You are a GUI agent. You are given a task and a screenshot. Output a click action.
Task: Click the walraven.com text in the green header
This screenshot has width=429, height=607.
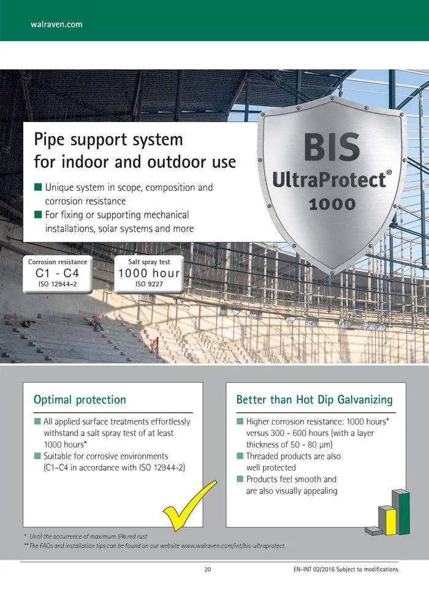point(56,24)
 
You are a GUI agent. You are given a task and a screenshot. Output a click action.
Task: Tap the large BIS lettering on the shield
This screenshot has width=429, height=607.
point(332,147)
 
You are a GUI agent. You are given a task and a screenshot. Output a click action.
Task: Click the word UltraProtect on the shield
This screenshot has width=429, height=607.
point(329,180)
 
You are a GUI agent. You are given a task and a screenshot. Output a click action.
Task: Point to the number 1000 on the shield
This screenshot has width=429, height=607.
point(332,204)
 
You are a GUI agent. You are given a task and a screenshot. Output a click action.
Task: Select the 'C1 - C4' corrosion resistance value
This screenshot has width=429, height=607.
point(57,273)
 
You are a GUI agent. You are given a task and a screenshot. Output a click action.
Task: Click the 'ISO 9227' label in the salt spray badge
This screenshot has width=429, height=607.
point(149,284)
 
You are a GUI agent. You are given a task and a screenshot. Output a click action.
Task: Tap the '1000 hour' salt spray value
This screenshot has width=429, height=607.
point(149,273)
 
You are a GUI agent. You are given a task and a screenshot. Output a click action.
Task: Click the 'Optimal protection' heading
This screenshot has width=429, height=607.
point(80,400)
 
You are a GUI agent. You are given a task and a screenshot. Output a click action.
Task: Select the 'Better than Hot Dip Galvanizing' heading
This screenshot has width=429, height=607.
point(314,400)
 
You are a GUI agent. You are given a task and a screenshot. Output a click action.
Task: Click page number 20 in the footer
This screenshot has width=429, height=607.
point(208,570)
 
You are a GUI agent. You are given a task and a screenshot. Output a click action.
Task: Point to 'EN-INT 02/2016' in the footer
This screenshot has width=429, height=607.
point(314,570)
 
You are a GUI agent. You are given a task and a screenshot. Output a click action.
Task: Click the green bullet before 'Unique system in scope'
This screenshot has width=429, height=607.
point(38,188)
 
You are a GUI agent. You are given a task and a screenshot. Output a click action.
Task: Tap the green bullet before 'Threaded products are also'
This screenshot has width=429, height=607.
point(240,456)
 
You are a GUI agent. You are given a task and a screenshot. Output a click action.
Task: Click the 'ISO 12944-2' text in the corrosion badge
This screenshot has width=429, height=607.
point(57,284)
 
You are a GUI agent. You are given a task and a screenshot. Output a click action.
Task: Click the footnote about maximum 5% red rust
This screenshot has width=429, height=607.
point(86,536)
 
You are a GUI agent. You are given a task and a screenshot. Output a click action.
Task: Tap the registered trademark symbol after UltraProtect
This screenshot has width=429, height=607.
point(389,173)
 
